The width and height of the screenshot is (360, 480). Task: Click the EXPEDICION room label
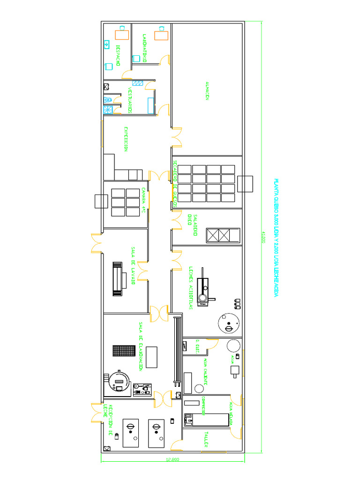pyautogui.click(x=126, y=139)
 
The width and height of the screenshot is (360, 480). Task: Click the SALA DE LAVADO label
pyautogui.click(x=134, y=265)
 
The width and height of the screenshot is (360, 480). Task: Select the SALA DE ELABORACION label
pyautogui.click(x=140, y=346)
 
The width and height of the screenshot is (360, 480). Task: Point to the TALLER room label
pyautogui.click(x=205, y=439)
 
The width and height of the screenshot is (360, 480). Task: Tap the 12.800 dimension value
pyautogui.click(x=172, y=459)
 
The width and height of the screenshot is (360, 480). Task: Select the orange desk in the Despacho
pyautogui.click(x=122, y=34)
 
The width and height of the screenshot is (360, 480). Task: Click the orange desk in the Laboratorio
pyautogui.click(x=162, y=35)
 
